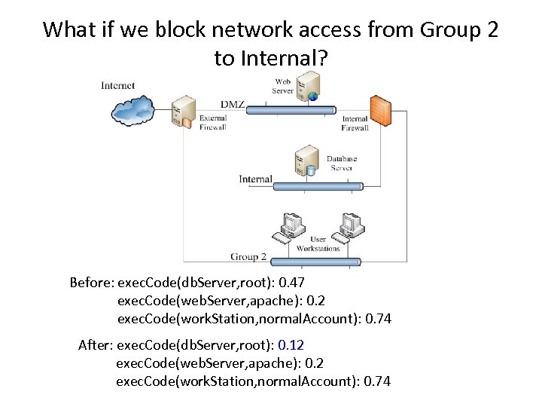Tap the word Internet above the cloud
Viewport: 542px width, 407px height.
[x=118, y=85]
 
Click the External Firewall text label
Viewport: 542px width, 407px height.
[x=213, y=123]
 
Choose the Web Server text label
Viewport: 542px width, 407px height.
[x=283, y=86]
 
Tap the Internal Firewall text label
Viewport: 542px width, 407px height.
[x=355, y=124]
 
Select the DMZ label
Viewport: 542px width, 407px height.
[x=233, y=104]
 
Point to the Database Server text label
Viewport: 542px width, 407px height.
[x=341, y=164]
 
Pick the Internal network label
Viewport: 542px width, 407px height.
[x=255, y=179]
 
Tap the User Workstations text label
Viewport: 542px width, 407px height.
[x=318, y=244]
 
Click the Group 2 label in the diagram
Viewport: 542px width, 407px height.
[x=248, y=257]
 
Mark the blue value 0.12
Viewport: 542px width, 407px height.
[x=291, y=345]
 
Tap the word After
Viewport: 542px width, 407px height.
[x=94, y=345]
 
